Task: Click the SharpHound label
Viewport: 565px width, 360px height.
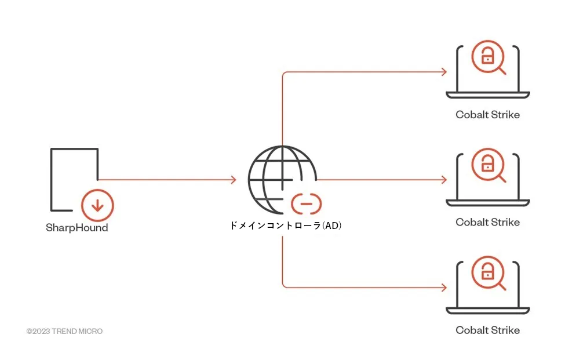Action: click(x=76, y=228)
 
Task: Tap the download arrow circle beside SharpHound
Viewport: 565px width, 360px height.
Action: click(x=97, y=205)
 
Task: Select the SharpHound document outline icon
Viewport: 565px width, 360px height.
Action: click(x=51, y=180)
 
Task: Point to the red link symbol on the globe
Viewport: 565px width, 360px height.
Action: click(x=307, y=204)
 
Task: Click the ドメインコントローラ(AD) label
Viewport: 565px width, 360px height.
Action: click(x=285, y=226)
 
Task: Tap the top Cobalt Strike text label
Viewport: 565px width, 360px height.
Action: click(x=487, y=115)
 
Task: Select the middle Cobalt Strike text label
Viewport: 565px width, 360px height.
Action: click(x=487, y=222)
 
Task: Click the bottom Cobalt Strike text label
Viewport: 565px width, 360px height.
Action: click(x=487, y=330)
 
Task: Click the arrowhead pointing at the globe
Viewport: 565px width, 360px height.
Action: click(x=234, y=180)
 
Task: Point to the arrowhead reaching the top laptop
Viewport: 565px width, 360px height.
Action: click(x=444, y=72)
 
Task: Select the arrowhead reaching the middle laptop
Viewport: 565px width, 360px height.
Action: click(x=444, y=180)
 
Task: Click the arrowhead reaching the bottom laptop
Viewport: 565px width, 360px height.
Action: click(x=444, y=287)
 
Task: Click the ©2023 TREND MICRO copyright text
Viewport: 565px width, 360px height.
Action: click(x=64, y=331)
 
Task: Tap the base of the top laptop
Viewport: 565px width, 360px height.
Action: click(x=487, y=95)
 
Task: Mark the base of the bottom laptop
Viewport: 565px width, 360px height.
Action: click(x=487, y=311)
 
